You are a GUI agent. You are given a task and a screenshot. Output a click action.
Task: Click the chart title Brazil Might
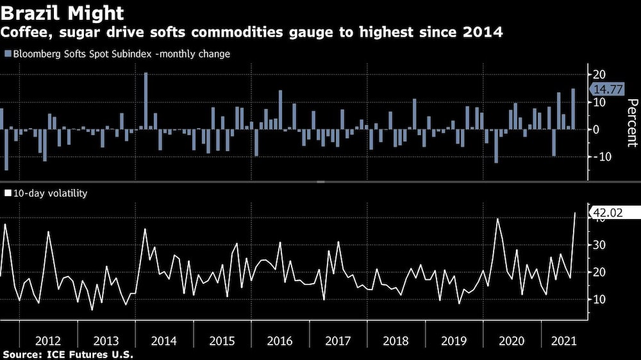[x=63, y=12]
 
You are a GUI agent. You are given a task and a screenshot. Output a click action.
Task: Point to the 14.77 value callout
[x=608, y=90]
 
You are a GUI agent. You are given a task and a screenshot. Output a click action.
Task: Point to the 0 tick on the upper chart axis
[x=597, y=129]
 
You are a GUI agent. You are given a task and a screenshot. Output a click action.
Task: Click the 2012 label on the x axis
[x=49, y=340]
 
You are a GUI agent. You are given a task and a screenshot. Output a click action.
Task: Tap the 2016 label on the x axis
[x=280, y=340]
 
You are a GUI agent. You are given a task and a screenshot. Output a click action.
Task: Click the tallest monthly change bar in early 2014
[x=146, y=101]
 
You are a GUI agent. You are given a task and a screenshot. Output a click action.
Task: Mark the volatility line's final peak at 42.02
[x=574, y=213]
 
